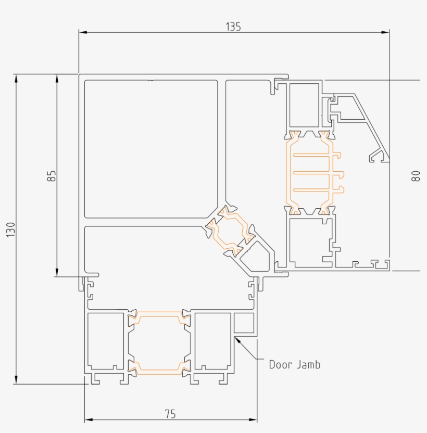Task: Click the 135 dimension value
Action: (x=233, y=27)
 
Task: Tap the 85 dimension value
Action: (x=51, y=175)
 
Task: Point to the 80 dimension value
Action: (x=415, y=176)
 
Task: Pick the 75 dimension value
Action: (x=170, y=414)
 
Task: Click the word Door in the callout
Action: (x=281, y=364)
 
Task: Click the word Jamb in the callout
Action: (x=309, y=364)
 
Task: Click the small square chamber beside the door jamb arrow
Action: (x=244, y=323)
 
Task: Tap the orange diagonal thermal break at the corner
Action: (x=229, y=232)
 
